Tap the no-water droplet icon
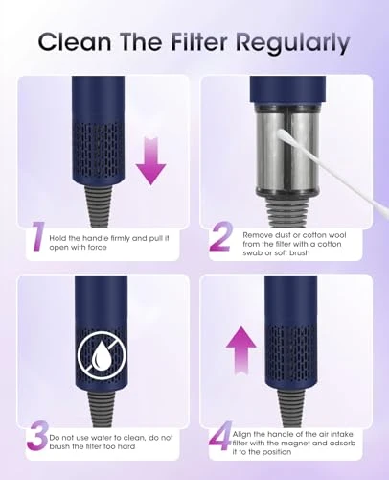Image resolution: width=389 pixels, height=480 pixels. click(x=101, y=357)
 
